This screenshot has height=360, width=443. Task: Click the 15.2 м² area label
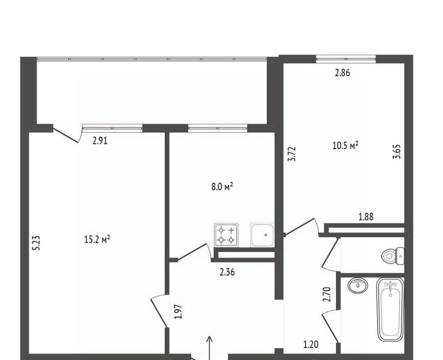click(97, 240)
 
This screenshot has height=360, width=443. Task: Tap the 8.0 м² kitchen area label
click(222, 187)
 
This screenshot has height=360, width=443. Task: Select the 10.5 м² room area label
click(346, 146)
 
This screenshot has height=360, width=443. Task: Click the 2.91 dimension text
click(100, 141)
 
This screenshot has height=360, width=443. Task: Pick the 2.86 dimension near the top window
click(342, 73)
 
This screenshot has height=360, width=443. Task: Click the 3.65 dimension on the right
click(397, 152)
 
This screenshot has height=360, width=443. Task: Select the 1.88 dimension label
click(366, 217)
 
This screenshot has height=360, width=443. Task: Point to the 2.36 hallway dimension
click(227, 272)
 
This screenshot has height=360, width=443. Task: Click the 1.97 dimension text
click(178, 312)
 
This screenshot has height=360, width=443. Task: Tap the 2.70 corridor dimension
click(327, 294)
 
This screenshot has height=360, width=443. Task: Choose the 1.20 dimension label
click(311, 345)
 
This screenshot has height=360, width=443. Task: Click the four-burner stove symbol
click(227, 235)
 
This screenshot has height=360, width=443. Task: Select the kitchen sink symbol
click(263, 235)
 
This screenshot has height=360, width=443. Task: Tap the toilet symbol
click(393, 256)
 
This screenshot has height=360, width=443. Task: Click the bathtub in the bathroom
click(391, 309)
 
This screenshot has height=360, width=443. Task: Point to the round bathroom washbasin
click(358, 285)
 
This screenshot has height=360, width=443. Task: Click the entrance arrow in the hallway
click(210, 348)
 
